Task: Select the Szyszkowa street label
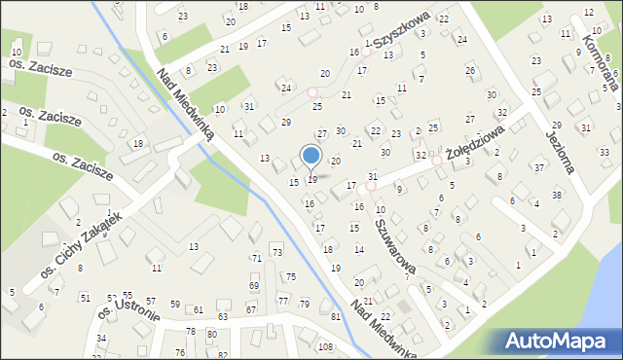click(x=398, y=35)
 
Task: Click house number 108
click(x=325, y=347)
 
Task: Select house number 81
click(x=336, y=317)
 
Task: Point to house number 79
click(x=305, y=305)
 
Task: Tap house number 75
click(x=290, y=277)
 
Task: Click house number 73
click(x=276, y=253)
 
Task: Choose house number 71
click(x=257, y=258)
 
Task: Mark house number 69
click(x=254, y=286)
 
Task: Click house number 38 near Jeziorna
click(x=557, y=195)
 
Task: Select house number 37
click(x=539, y=168)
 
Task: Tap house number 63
click(x=223, y=316)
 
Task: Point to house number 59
click(x=175, y=305)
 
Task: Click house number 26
click(x=470, y=70)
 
